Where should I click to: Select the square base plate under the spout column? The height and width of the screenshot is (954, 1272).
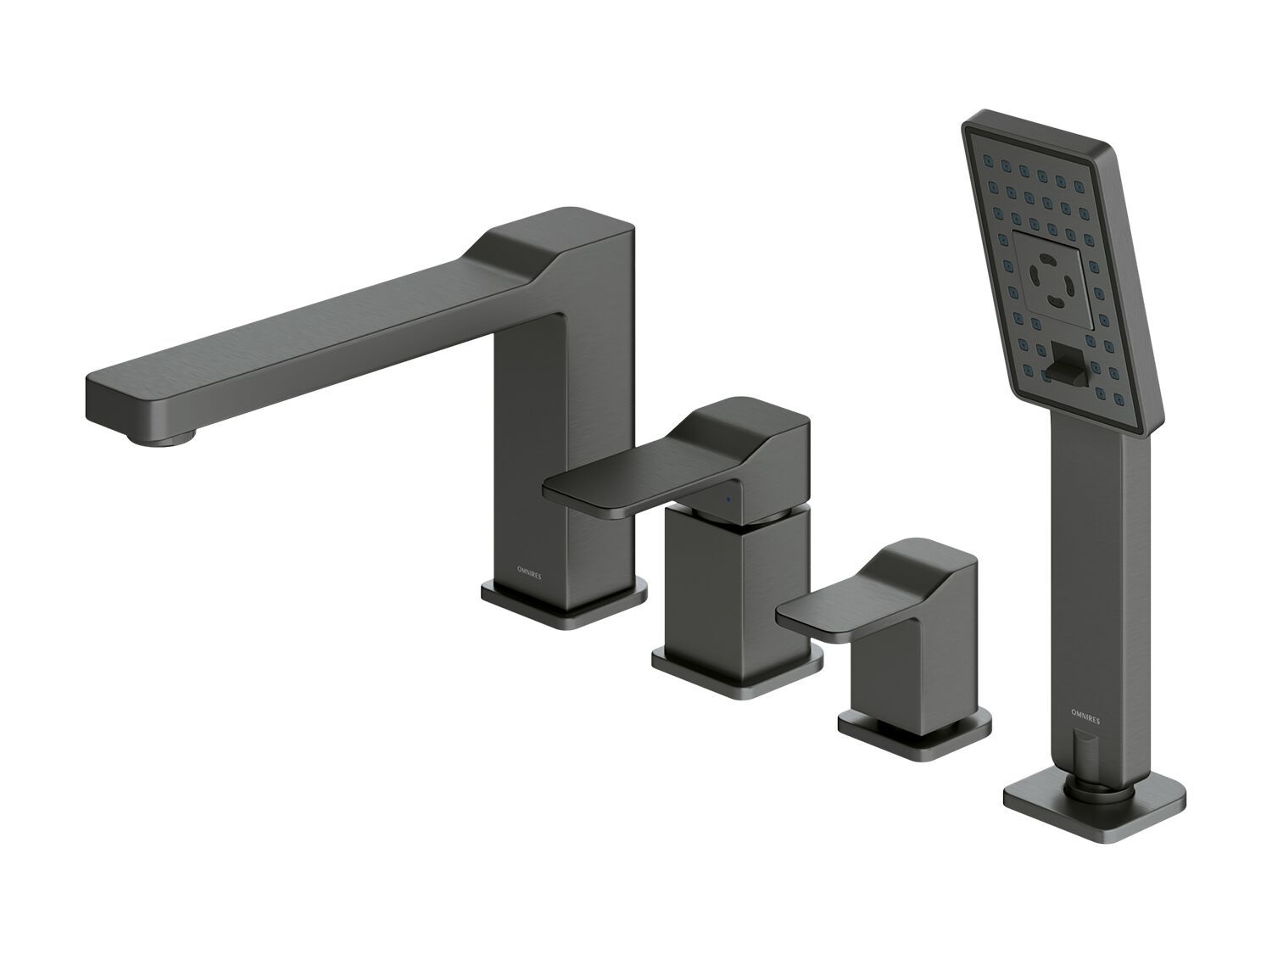pos(564,602)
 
